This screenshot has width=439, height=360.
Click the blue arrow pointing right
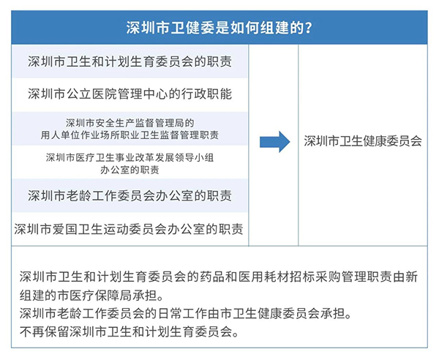coord(274,142)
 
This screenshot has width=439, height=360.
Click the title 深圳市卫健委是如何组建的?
coord(219,28)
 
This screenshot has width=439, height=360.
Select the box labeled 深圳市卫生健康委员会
coord(363,141)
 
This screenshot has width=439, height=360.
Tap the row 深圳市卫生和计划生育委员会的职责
coord(130,61)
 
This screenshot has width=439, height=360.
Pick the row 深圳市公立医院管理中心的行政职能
coord(130,94)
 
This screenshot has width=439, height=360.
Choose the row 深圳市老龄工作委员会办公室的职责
coord(130,195)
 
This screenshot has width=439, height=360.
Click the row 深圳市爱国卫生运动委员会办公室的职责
coord(129,229)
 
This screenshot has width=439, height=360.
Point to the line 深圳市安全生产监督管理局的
coord(130,123)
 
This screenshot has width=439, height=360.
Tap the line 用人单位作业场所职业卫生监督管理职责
coord(130,135)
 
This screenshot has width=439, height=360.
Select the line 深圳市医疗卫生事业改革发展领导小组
coord(130,157)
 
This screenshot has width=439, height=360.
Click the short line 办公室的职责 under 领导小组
coord(130,170)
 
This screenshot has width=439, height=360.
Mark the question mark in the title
coord(309,28)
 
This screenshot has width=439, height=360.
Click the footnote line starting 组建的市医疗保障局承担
coord(91,296)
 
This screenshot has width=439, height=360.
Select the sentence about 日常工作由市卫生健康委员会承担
coord(186,314)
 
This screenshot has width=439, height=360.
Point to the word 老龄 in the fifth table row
coord(78,195)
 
